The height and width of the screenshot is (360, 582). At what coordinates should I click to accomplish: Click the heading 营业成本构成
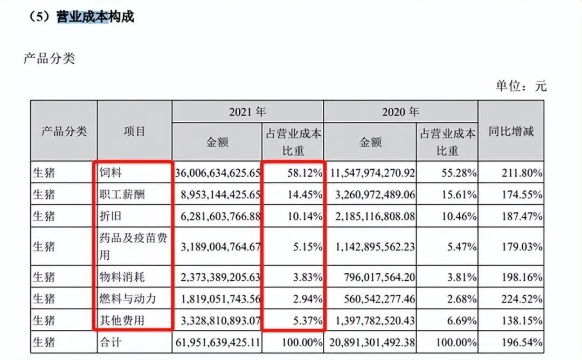pyautogui.click(x=95, y=17)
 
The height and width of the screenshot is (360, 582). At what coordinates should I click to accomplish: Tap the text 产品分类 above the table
pyautogui.click(x=49, y=59)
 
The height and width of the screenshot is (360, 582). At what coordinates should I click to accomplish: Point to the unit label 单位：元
pyautogui.click(x=521, y=85)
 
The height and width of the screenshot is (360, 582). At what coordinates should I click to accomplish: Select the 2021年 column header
pyautogui.click(x=247, y=112)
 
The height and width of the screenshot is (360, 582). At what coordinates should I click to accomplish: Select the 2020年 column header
pyautogui.click(x=400, y=112)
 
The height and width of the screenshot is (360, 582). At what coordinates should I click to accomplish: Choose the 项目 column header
pyautogui.click(x=134, y=131)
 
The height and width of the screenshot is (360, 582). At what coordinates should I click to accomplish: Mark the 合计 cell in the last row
pyautogui.click(x=112, y=341)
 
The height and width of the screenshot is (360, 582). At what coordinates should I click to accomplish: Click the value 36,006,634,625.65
pyautogui.click(x=218, y=174)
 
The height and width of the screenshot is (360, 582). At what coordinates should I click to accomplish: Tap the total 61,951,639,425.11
pyautogui.click(x=218, y=341)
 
